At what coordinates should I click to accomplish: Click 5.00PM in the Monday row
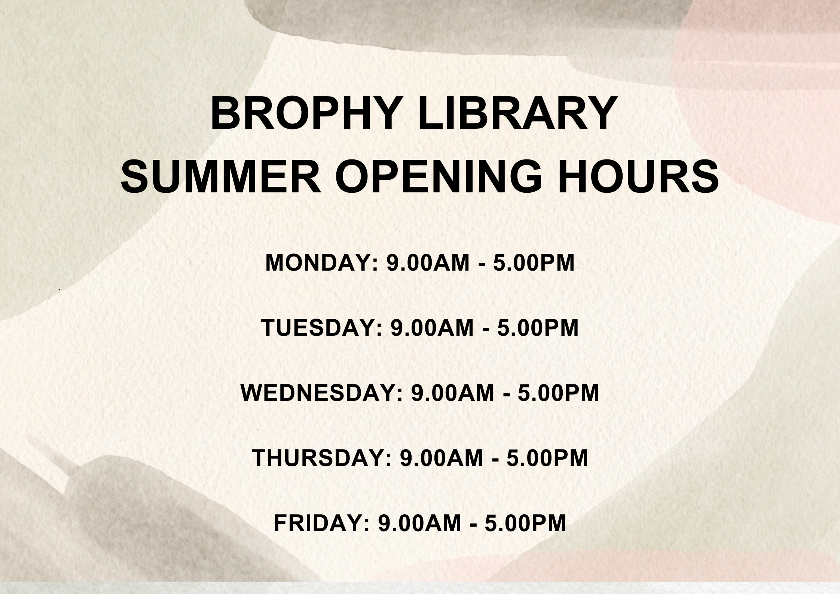pos(534,263)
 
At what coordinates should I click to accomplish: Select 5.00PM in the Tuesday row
pos(538,328)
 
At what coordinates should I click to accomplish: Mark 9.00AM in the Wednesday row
pos(452,393)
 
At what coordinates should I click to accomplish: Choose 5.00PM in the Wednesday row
pos(559,393)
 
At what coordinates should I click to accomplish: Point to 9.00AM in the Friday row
pos(419,523)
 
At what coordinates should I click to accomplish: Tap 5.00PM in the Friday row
pos(525,523)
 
